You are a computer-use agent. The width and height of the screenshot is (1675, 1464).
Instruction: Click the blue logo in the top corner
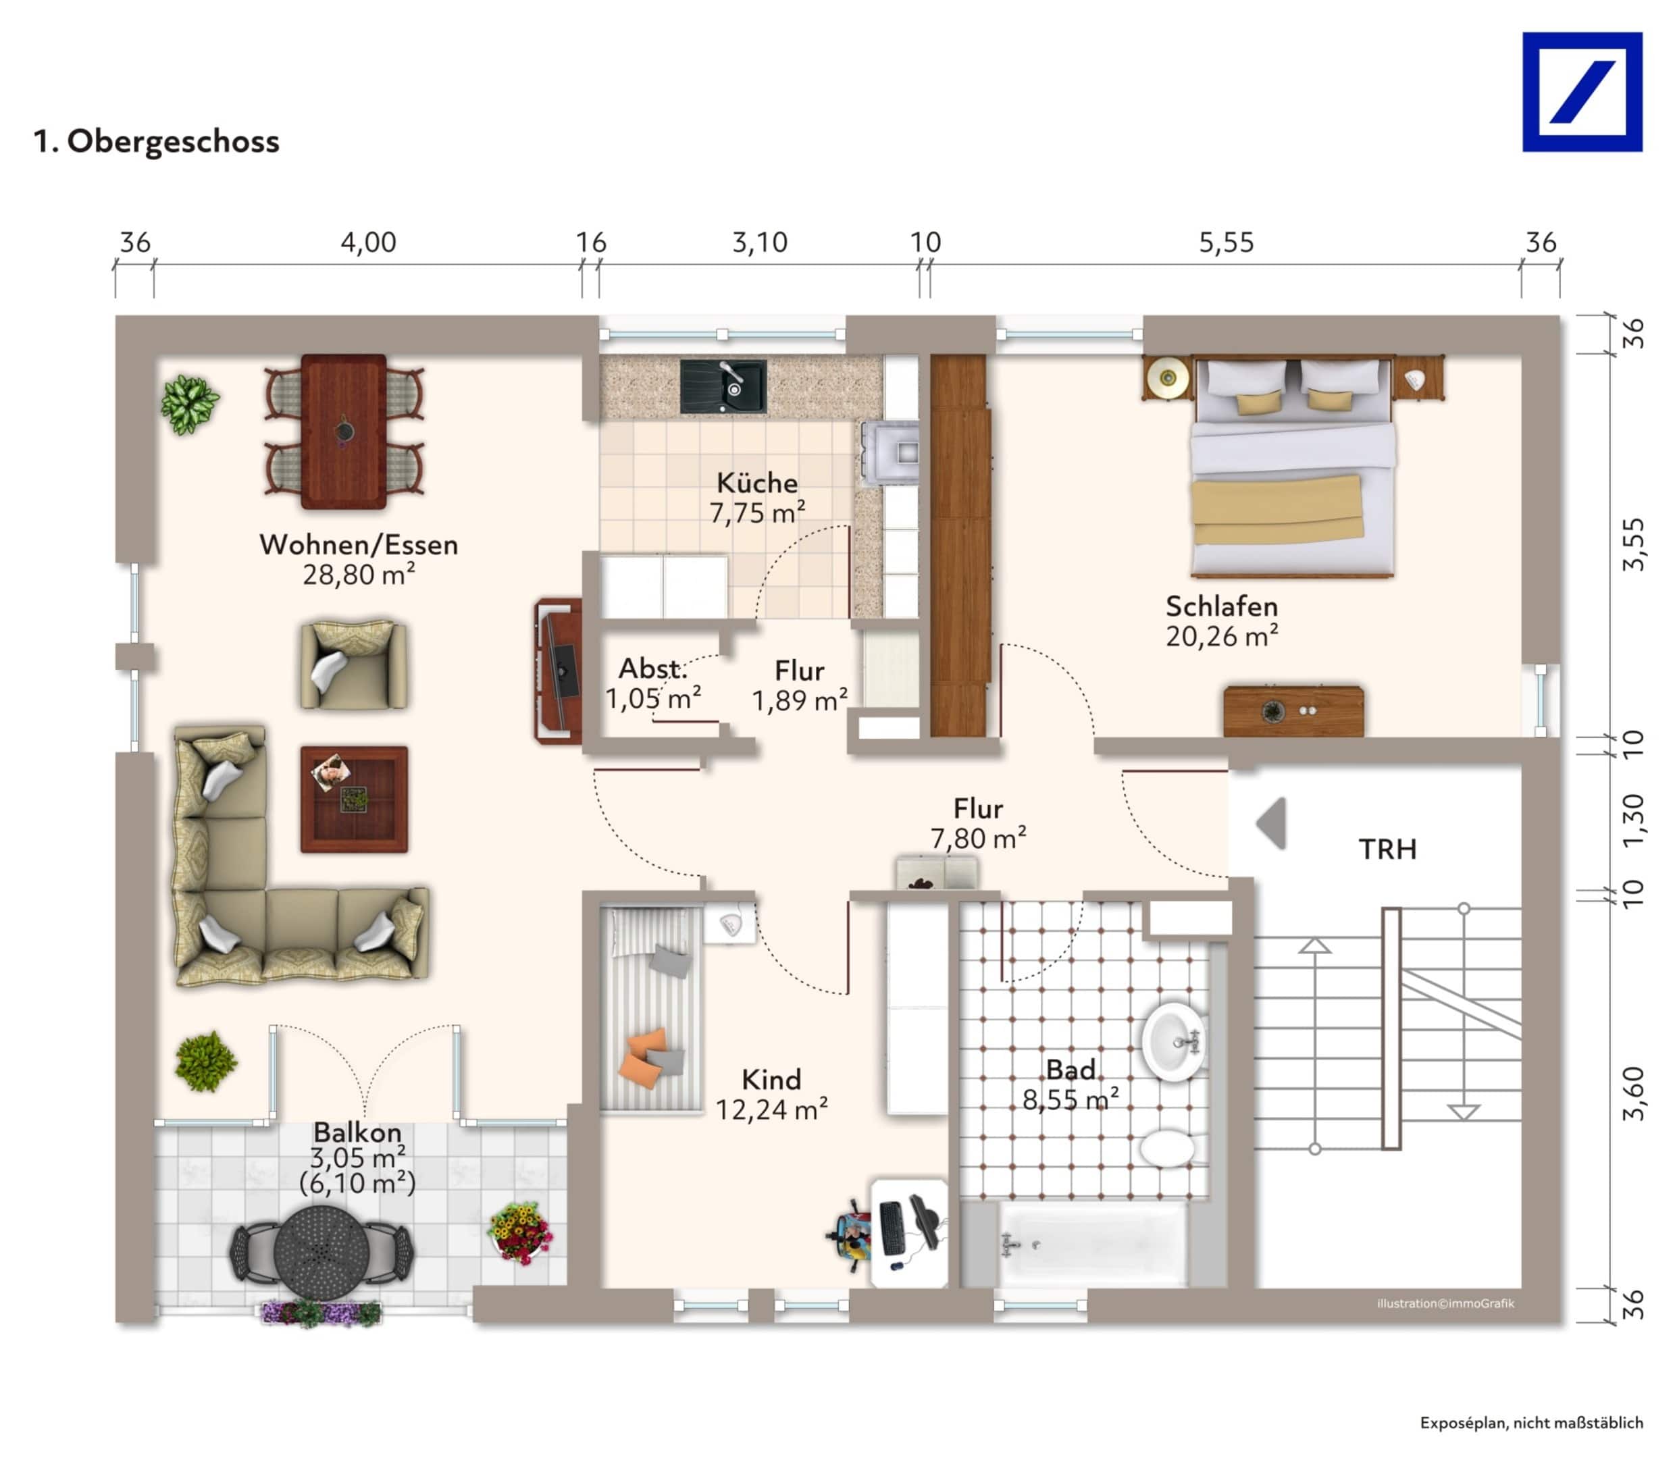pos(1581,93)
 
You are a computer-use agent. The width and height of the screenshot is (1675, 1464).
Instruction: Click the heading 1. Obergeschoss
pos(156,141)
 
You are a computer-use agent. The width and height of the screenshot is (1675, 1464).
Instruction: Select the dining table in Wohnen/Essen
pos(343,431)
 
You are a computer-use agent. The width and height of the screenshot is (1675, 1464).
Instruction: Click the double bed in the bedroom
pos(1291,470)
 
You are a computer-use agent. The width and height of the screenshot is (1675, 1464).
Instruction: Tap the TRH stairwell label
pos(1387,849)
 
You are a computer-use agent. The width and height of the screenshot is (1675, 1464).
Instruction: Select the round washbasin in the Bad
pos(1172,1042)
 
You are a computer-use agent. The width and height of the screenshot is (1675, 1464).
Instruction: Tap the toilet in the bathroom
pos(1168,1148)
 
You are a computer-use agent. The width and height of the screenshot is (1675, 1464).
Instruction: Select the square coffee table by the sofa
pos(353,799)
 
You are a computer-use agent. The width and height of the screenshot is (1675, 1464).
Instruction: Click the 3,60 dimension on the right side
pos(1633,1093)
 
